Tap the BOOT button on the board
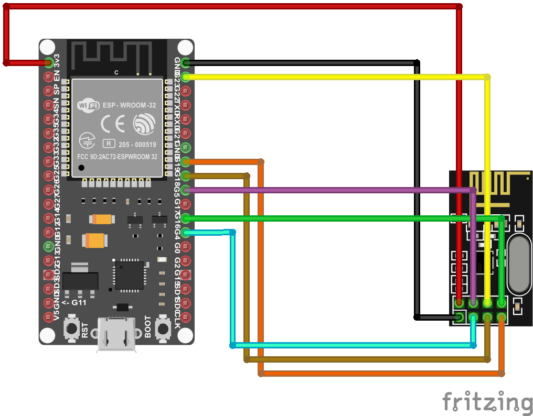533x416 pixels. [164, 329]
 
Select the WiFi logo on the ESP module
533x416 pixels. [88, 105]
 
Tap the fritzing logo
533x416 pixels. [487, 402]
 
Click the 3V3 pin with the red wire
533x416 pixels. [49, 63]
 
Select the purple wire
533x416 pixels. [325, 190]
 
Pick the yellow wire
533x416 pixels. [336, 77]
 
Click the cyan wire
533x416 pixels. [351, 345]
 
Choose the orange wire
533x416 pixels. [378, 374]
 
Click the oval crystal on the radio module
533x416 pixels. [518, 264]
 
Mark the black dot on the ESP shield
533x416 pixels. [81, 168]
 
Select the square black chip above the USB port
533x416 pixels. [129, 275]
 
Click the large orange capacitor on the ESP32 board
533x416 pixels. [95, 240]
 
